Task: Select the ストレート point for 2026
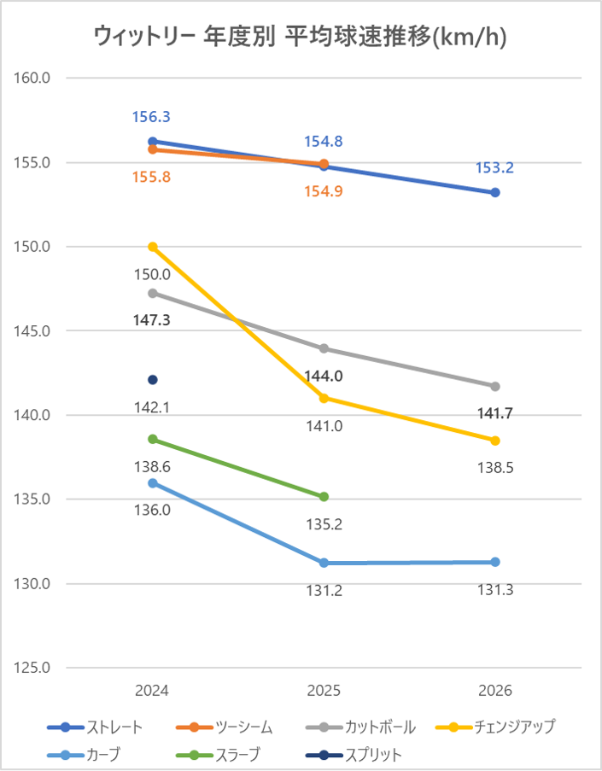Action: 495,193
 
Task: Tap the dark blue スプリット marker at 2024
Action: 153,380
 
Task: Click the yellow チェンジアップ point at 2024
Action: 153,247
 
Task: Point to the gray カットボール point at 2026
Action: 495,387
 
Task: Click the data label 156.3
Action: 151,118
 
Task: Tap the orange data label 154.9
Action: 324,191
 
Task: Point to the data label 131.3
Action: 495,590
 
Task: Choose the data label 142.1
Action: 152,407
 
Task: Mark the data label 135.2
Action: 324,524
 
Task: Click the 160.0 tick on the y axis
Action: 34,78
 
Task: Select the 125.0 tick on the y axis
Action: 34,669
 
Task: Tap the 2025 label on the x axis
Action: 324,691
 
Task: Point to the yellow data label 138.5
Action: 495,468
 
